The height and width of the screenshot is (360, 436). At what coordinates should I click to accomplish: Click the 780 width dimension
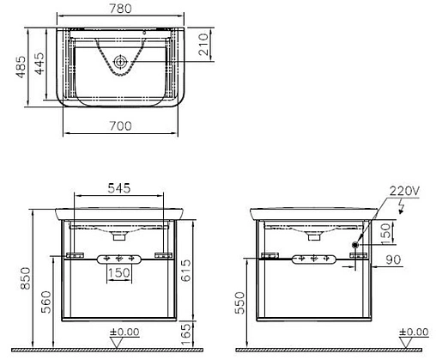(120, 9)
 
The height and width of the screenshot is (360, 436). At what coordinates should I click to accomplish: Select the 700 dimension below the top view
(120, 125)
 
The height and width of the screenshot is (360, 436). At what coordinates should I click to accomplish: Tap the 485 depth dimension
(21, 67)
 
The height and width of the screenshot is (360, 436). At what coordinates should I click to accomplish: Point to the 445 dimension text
(39, 64)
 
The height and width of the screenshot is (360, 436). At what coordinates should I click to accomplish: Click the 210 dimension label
(203, 44)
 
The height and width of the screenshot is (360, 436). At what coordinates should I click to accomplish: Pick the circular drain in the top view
(120, 62)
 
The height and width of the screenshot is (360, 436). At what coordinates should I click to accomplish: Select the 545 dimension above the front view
(119, 188)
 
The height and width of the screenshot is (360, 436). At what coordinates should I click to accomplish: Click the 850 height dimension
(25, 278)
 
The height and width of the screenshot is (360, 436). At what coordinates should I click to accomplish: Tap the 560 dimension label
(46, 302)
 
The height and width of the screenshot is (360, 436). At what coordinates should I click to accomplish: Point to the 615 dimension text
(186, 271)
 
